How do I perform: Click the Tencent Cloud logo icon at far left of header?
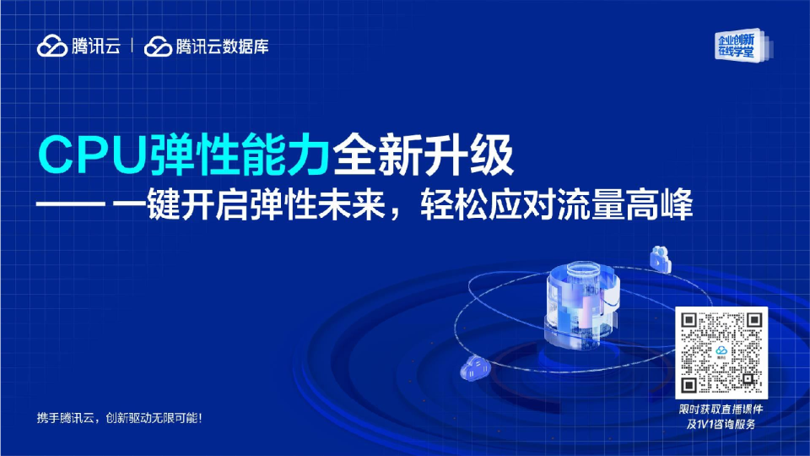[x=52, y=46]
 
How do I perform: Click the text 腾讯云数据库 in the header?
[x=222, y=46]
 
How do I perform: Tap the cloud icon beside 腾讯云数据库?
[x=158, y=46]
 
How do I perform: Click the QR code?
[x=722, y=352]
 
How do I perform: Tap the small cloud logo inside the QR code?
[x=722, y=351]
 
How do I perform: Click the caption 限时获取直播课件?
[x=722, y=410]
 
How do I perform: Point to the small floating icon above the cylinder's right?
[x=659, y=258]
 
